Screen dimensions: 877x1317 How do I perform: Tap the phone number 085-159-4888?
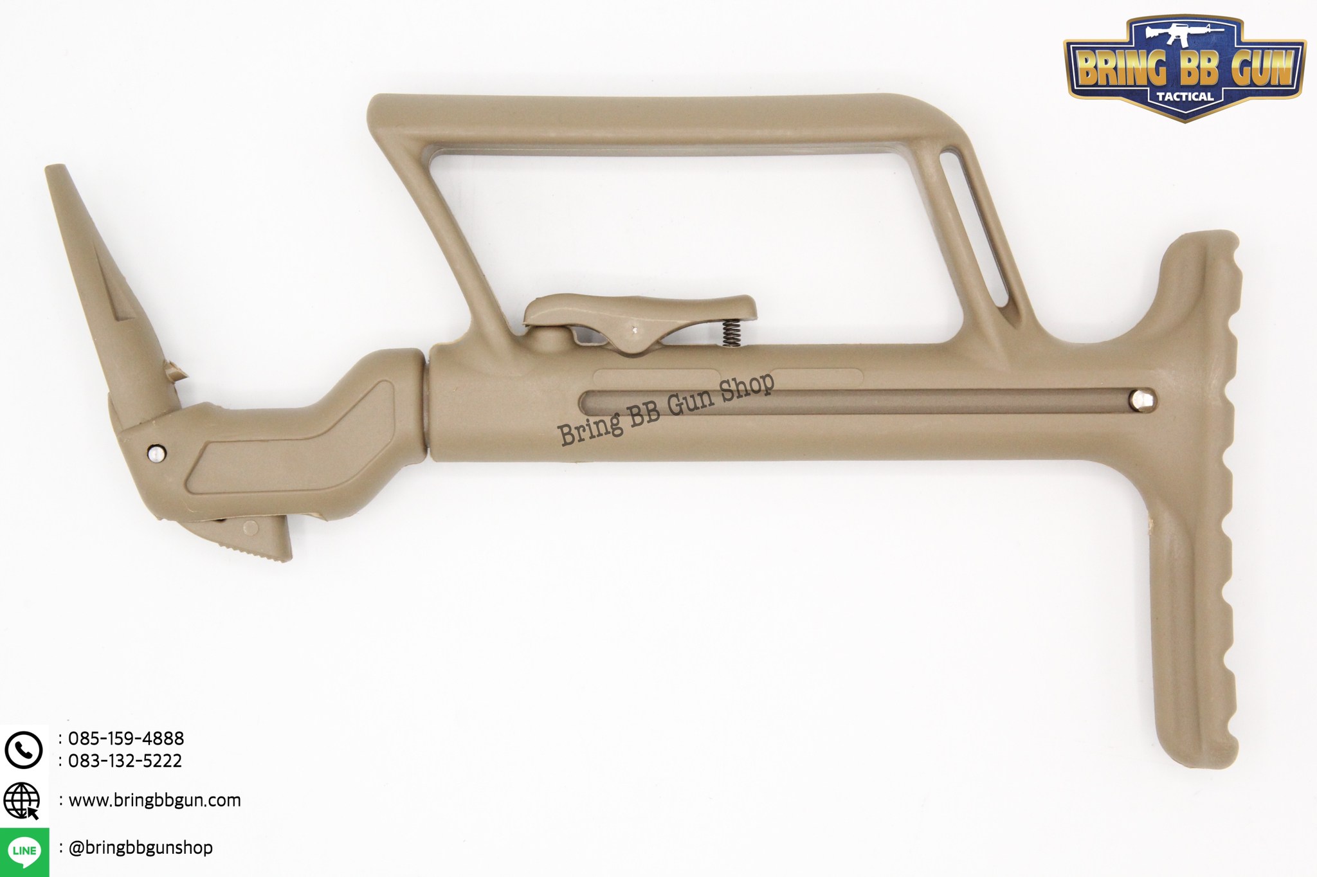pyautogui.click(x=126, y=738)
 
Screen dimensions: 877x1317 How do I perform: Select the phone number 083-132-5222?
pyautogui.click(x=125, y=761)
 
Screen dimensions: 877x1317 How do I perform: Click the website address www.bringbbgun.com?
pyautogui.click(x=154, y=800)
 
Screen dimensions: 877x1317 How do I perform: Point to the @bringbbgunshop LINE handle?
pyautogui.click(x=140, y=847)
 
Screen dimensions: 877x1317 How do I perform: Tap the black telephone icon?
pyautogui.click(x=23, y=750)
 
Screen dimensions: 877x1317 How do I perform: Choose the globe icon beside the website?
pyautogui.click(x=22, y=801)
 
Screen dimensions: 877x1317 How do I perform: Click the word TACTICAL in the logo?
pyautogui.click(x=1185, y=96)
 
